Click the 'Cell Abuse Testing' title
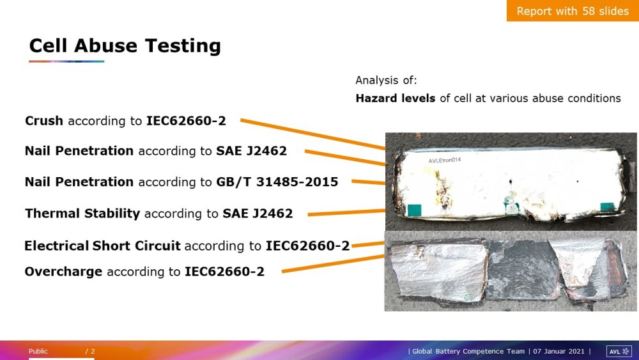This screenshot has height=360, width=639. click(x=125, y=45)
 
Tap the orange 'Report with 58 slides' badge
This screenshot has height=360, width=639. click(x=573, y=11)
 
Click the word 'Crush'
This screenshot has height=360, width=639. click(x=44, y=121)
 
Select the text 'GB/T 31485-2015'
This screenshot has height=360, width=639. click(x=277, y=182)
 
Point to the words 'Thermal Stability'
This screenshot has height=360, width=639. click(x=82, y=213)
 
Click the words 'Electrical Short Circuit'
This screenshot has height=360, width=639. click(x=102, y=246)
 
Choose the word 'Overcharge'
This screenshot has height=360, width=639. click(x=63, y=272)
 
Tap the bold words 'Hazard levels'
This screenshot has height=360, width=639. click(x=396, y=98)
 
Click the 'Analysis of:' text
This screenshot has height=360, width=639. click(x=386, y=81)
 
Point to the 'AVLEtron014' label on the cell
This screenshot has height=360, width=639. click(x=445, y=160)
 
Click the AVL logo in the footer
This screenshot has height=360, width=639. click(x=619, y=351)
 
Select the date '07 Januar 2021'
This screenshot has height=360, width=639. click(x=558, y=351)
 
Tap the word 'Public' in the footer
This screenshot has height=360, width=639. click(x=38, y=351)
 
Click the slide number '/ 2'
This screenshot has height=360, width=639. click(x=90, y=351)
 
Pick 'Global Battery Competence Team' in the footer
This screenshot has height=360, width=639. click(x=468, y=351)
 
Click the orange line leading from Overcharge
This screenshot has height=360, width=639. click(x=334, y=263)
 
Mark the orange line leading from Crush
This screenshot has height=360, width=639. click(x=313, y=134)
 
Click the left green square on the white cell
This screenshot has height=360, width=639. click(x=415, y=210)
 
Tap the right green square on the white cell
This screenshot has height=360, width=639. click(x=607, y=207)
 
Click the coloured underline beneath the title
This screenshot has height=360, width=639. click(x=66, y=61)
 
